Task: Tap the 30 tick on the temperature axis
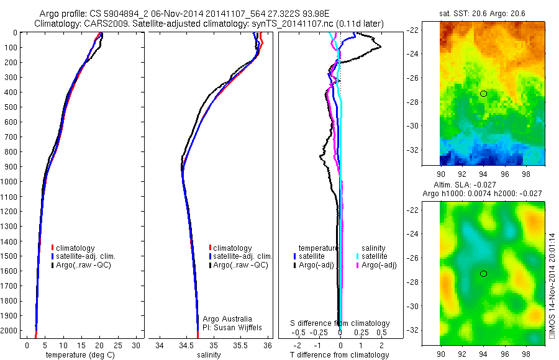[136, 345]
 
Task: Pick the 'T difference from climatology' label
[340, 355]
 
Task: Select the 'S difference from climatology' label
[340, 323]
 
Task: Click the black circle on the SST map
[483, 94]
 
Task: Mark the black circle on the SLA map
[483, 274]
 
